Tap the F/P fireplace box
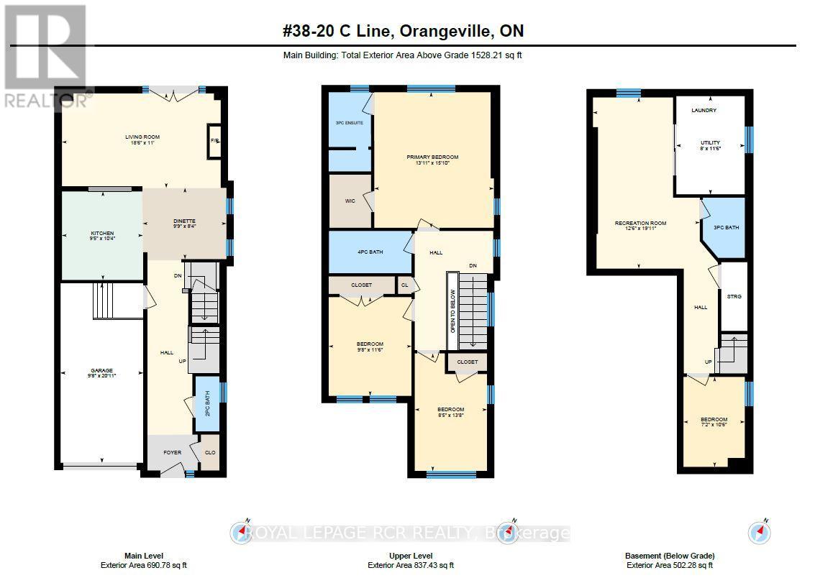214,140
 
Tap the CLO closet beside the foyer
210,454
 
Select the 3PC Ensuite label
350,123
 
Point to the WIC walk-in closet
350,201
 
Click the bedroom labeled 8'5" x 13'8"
451,411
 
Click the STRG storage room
734,296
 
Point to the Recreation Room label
635,224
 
